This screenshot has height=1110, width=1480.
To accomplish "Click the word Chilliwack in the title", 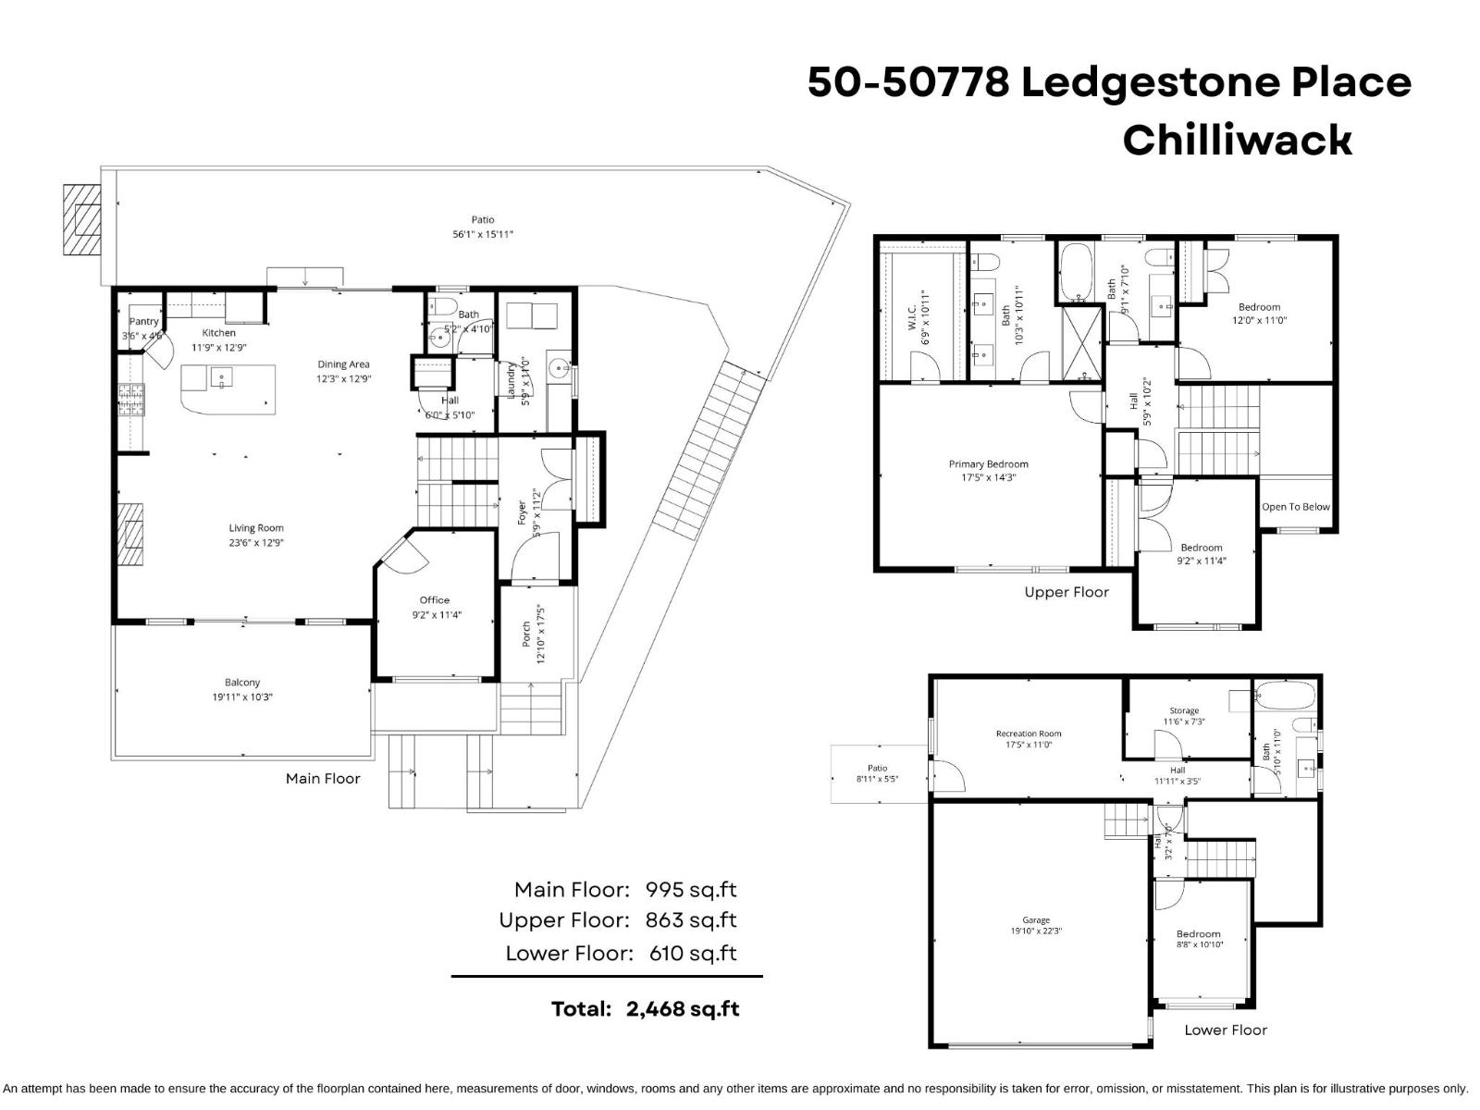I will [1237, 141].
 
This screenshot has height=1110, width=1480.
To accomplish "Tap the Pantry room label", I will [144, 322].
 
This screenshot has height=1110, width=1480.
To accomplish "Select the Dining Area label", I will [344, 364].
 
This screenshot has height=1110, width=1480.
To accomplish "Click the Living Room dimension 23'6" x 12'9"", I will [256, 543].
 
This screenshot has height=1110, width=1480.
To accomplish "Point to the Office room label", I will [435, 600].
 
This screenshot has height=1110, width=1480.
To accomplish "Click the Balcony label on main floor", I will [242, 683].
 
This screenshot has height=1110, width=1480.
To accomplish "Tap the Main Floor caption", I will [323, 779].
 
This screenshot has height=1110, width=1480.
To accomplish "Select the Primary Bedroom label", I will [988, 464].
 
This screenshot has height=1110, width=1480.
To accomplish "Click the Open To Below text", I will [1295, 507].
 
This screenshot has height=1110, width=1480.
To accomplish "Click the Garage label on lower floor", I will [1036, 920].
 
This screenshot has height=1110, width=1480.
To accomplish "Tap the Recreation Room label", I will [1029, 734].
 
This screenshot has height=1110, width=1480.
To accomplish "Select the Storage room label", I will [1184, 710].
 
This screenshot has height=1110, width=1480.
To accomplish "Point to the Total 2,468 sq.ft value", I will [683, 1009].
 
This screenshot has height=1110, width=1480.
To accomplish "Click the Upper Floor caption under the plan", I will [1066, 593].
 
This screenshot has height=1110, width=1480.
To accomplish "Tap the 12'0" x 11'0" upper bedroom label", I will [1259, 320].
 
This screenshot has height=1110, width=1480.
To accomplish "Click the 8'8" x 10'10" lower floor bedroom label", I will [1198, 944].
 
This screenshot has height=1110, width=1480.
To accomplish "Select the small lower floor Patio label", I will [877, 768].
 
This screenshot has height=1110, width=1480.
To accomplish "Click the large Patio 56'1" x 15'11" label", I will [482, 234].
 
